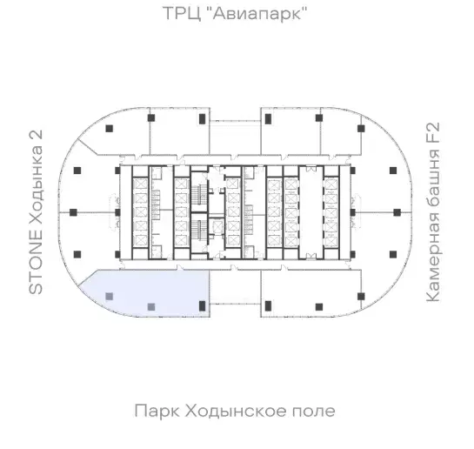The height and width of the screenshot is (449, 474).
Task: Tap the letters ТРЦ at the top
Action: tap(182, 14)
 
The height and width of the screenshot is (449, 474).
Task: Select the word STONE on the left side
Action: tap(36, 262)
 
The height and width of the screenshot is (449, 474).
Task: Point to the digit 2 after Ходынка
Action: tap(36, 137)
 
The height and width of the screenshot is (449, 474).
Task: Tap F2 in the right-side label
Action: tap(432, 133)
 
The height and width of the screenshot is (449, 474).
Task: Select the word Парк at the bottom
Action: tap(157, 412)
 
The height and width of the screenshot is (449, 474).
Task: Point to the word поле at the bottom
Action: tap(313, 412)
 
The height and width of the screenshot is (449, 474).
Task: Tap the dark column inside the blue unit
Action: tap(203, 306)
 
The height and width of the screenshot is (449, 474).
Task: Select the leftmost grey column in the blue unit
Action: tap(109, 296)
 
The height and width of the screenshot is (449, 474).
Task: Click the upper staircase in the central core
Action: tap(199, 192)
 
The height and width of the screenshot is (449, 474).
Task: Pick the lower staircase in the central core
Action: tap(199, 230)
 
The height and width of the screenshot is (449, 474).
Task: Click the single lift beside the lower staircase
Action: tap(217, 226)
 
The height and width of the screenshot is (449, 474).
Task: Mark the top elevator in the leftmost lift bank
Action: tap(140, 184)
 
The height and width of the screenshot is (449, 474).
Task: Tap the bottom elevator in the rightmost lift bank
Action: tap(331, 241)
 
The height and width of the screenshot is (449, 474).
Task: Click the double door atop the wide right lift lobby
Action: tap(311, 169)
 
